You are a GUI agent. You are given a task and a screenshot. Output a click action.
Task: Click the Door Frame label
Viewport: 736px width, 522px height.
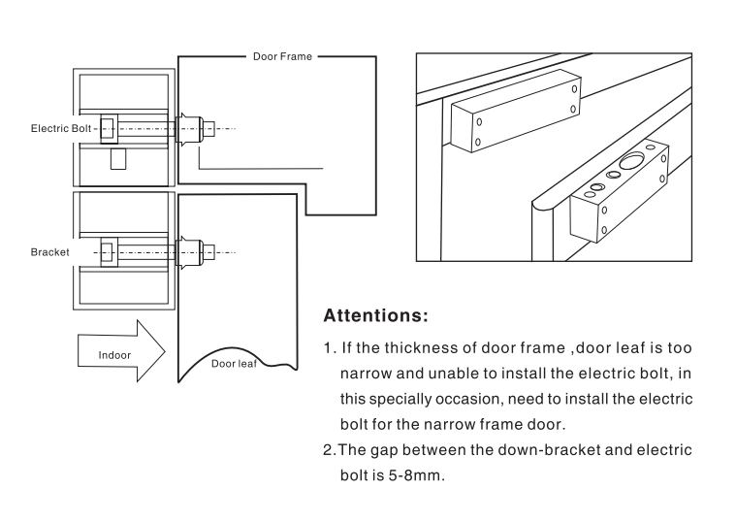pos(282,57)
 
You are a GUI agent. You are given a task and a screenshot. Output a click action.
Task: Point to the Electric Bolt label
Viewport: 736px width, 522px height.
pos(61,128)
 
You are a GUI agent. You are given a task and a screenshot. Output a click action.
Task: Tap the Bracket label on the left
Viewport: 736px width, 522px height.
pos(49,252)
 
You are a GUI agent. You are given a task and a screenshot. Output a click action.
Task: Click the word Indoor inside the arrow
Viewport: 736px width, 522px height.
pos(114,355)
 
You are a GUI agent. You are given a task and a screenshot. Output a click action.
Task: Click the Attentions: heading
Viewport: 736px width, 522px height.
pos(374,316)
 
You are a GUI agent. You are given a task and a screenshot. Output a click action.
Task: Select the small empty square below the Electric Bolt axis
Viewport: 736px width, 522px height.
pos(118,158)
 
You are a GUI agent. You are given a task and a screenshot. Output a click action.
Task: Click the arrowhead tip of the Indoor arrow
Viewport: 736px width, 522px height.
pos(166,350)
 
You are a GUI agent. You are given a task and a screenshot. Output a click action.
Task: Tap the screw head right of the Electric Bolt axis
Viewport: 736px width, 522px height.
pos(207,128)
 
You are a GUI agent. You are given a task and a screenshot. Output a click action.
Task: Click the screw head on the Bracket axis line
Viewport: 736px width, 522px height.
pos(207,252)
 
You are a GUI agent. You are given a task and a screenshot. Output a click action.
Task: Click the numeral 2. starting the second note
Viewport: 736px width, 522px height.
pos(328,450)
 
